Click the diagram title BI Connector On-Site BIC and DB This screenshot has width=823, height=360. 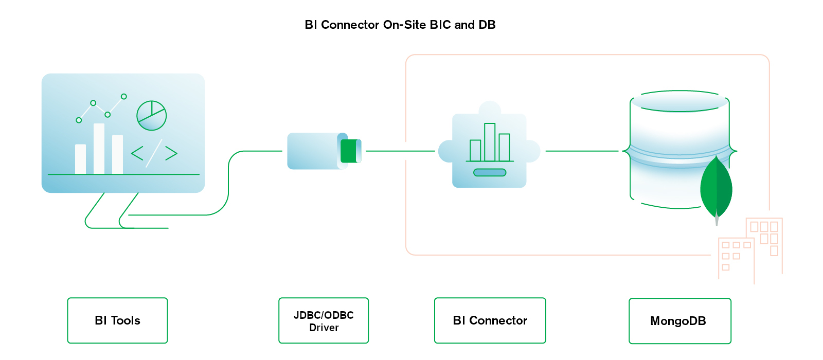(x=400, y=25)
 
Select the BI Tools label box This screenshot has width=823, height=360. (x=117, y=320)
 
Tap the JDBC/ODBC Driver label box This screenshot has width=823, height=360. (x=324, y=321)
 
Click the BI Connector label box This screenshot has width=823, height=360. (x=490, y=320)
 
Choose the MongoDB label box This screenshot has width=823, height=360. (x=679, y=321)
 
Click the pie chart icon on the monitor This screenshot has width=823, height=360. (x=151, y=116)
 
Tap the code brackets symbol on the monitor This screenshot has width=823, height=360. (x=154, y=153)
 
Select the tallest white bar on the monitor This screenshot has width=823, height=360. (x=99, y=149)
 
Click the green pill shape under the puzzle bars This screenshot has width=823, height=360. (x=490, y=172)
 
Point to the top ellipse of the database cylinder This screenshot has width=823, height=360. (x=679, y=101)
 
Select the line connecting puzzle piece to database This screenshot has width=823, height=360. (x=581, y=151)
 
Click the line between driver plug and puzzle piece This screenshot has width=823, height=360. (x=400, y=151)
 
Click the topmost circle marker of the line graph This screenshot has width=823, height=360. (x=124, y=96)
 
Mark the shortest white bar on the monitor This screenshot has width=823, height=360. (x=80, y=159)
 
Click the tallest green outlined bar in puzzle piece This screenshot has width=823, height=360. (x=490, y=142)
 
